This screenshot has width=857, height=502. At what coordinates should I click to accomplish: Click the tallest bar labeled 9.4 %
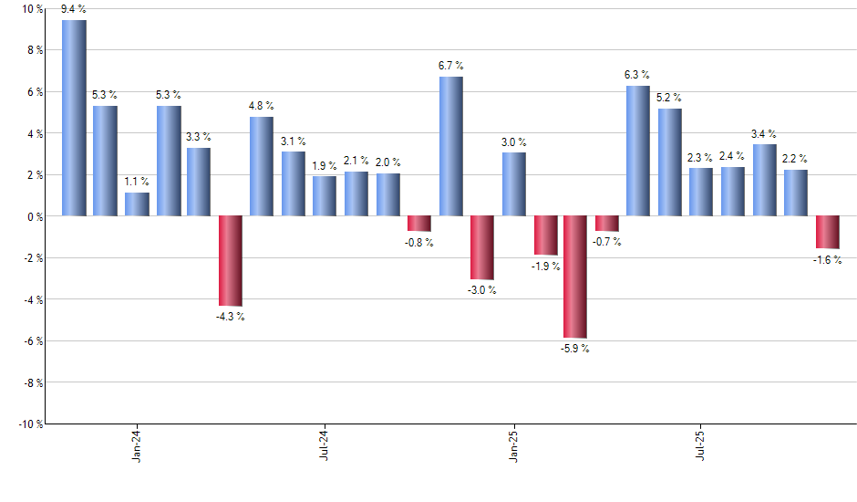point(74,118)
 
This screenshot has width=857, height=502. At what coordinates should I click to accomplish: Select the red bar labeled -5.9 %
point(575,277)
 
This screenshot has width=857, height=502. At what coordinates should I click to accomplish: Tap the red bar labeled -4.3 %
point(231,261)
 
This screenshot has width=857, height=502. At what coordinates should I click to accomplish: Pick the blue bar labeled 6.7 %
point(450,146)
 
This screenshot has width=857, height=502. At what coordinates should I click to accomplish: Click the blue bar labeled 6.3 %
point(638,151)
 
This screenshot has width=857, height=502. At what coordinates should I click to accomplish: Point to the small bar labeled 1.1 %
point(137,204)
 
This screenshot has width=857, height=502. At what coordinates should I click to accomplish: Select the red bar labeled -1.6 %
point(827,232)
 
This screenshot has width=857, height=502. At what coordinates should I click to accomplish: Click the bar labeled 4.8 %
point(262,166)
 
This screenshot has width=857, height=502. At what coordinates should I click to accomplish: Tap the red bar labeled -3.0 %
point(481,247)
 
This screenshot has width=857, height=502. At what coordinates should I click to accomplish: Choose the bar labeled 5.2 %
point(669,162)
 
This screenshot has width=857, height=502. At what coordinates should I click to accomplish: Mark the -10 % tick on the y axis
point(29,424)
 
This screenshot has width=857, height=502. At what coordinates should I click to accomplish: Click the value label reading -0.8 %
point(418,243)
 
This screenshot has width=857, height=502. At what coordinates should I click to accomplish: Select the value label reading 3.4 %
point(764,134)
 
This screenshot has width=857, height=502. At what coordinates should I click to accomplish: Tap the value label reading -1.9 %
point(544,266)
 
